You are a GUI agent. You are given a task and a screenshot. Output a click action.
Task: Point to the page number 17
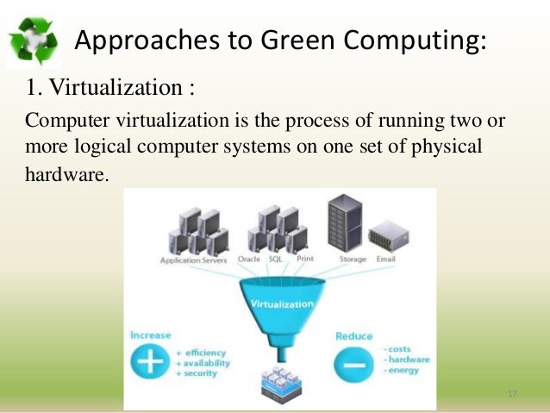tap(512, 394)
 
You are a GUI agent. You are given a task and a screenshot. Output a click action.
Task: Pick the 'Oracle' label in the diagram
tap(248, 260)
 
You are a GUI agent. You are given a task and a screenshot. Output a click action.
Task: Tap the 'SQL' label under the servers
tap(276, 260)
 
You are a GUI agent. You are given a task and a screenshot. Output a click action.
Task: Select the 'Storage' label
tap(353, 260)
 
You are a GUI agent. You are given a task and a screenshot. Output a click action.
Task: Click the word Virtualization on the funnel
tap(280, 304)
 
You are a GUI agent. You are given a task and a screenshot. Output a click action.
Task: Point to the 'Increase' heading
tap(151, 335)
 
